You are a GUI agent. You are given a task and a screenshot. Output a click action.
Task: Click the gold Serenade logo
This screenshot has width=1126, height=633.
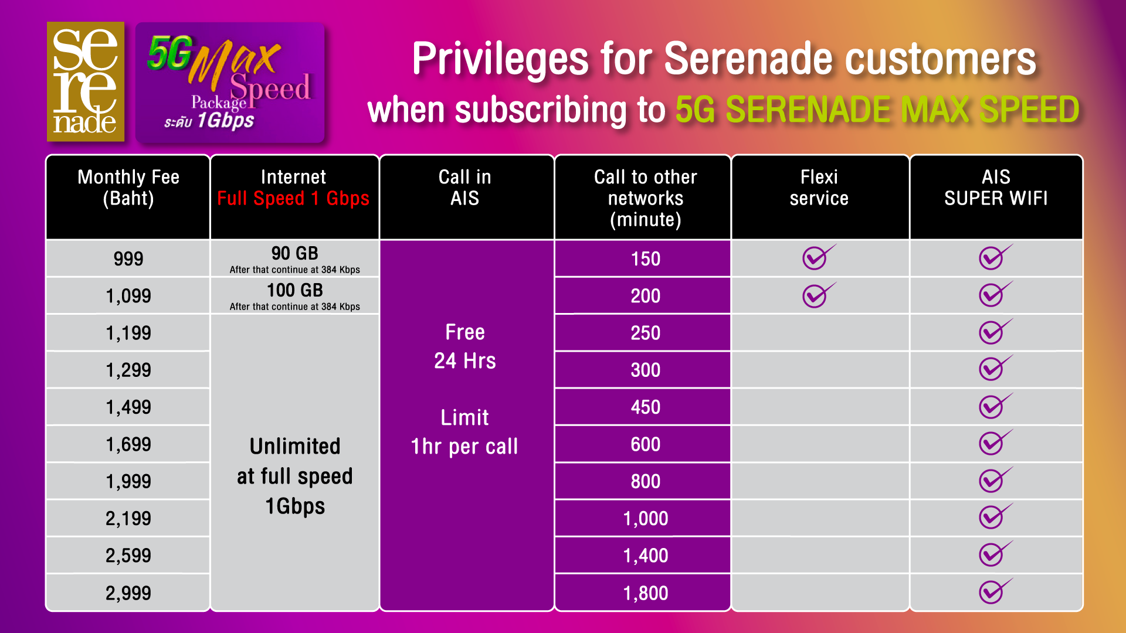(86, 81)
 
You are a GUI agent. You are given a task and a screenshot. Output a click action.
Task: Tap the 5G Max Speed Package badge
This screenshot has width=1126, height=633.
(230, 83)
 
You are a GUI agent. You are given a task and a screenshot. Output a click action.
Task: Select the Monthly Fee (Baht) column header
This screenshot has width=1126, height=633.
(128, 188)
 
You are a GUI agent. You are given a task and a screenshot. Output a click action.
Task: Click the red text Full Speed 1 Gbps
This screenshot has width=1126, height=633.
(293, 199)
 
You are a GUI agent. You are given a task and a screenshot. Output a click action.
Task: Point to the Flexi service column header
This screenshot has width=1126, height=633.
(819, 188)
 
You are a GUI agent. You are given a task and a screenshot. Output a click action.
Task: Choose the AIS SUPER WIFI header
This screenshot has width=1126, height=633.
(996, 188)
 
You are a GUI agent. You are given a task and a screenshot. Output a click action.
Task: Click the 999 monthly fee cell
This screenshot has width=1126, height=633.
(128, 258)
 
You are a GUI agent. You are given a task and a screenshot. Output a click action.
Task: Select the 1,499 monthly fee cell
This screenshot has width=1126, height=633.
(128, 407)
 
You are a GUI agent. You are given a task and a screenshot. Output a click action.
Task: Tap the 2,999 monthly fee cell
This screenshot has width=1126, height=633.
(128, 593)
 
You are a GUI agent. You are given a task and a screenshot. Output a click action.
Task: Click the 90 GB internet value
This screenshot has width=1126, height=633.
(294, 253)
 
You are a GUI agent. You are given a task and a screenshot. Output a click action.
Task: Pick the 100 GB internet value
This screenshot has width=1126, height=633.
(294, 290)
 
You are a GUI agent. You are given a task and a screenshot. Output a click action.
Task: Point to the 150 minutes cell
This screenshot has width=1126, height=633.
(645, 258)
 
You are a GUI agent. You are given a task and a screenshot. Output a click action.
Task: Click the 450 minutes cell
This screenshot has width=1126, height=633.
(645, 407)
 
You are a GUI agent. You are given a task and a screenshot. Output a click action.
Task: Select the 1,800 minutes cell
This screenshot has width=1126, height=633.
(645, 593)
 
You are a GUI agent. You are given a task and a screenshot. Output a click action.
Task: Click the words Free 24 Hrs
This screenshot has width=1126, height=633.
(465, 346)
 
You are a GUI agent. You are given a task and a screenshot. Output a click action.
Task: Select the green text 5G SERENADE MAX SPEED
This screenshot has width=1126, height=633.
(877, 110)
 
